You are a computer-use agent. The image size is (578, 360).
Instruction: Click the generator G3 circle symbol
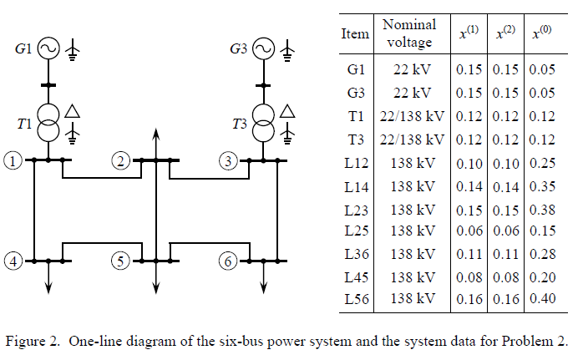pyautogui.click(x=264, y=50)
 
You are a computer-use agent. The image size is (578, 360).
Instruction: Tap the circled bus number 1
pyautogui.click(x=11, y=160)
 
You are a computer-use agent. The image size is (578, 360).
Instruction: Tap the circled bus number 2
pyautogui.click(x=122, y=160)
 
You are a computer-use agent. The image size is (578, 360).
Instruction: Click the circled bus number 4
pyautogui.click(x=11, y=261)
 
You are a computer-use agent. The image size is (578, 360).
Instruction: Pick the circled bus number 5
pyautogui.click(x=122, y=261)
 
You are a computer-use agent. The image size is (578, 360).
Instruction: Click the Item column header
pyautogui.click(x=355, y=34)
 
